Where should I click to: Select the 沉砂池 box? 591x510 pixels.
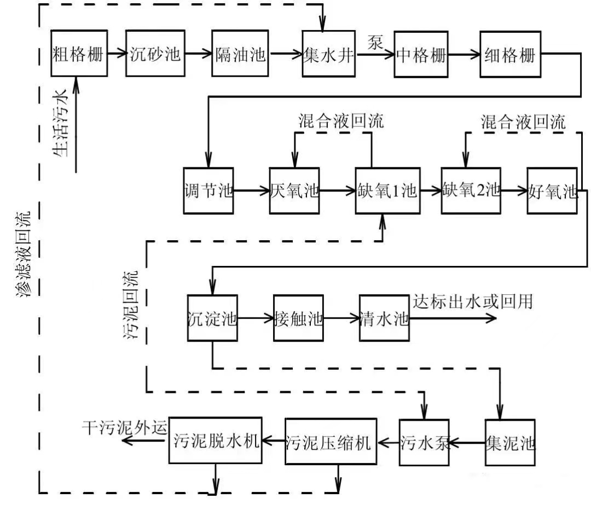[x=155, y=54]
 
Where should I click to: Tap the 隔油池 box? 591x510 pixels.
[x=240, y=54]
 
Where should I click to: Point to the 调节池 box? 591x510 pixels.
[x=208, y=191]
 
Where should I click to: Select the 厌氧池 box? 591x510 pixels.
[x=294, y=191]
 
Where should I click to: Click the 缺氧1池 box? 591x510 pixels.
[x=386, y=191]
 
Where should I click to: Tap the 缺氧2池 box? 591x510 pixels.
[x=471, y=191]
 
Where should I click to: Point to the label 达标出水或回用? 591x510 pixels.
[x=472, y=302]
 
